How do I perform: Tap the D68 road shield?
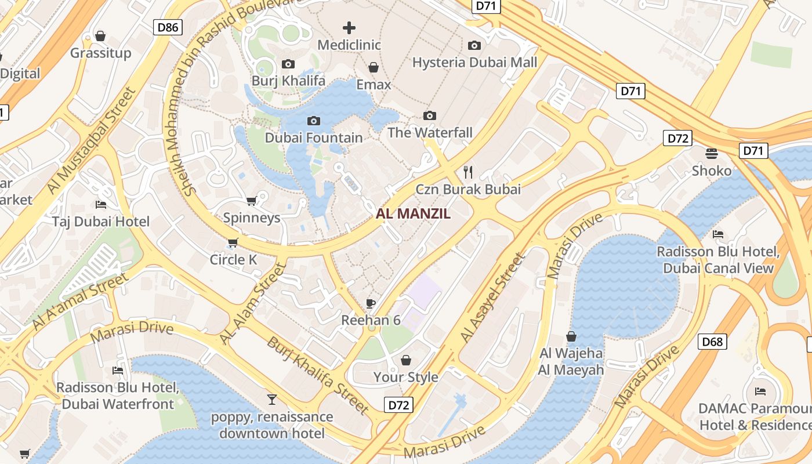point(712,342)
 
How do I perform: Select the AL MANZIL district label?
point(413,213)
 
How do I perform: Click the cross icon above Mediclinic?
point(349,27)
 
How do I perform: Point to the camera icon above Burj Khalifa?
point(288,64)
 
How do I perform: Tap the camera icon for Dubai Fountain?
point(314,121)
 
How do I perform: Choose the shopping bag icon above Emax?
point(374,67)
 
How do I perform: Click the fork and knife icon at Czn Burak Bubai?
point(469,172)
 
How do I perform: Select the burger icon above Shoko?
point(712,153)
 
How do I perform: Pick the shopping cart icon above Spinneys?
point(252,201)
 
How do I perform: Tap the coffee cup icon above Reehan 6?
point(371,303)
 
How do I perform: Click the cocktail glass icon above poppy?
point(271,399)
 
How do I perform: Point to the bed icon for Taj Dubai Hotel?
point(101,205)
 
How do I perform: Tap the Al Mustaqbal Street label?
point(90,141)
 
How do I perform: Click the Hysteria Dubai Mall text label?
point(474,62)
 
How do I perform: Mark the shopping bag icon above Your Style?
point(406,360)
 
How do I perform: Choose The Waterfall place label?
point(430,132)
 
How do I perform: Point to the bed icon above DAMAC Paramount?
point(760,391)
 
